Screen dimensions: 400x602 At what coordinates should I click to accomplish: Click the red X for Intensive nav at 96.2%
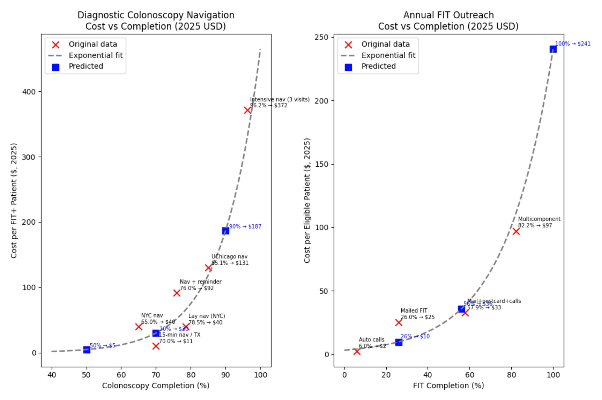pos(247,110)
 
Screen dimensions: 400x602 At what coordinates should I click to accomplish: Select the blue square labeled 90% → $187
pos(225,231)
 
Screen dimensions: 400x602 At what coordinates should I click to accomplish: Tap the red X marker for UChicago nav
pos(208,268)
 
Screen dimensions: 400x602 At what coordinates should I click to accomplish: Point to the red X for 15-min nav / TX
pos(156,346)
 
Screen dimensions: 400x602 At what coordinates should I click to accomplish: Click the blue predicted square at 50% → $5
pos(87,350)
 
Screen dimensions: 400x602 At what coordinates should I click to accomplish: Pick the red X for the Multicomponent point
pos(516,231)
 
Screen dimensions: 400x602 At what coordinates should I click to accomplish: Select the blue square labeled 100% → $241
pos(553,49)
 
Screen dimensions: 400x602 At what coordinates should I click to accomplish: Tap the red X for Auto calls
pos(357,352)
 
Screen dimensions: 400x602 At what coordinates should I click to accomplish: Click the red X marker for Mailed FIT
pos(399,322)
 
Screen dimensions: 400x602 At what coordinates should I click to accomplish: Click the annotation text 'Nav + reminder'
pos(200,282)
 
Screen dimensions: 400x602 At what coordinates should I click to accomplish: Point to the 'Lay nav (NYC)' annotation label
pos(207,316)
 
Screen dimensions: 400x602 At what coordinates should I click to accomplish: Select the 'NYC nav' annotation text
pos(152,316)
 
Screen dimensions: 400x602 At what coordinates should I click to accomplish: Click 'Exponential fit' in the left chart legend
pos(96,55)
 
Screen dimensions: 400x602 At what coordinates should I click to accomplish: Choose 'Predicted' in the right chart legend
pos(378,66)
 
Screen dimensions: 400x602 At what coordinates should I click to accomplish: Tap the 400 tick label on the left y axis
pos(29,92)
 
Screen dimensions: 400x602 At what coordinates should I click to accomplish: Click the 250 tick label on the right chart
pos(322,37)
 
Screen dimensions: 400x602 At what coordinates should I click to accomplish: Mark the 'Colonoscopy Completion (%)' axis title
pos(155,386)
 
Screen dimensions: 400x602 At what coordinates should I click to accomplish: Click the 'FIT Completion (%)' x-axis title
pos(448,386)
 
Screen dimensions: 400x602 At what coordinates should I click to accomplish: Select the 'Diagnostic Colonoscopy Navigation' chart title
pos(156,15)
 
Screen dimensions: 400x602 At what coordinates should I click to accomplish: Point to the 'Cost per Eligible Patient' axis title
pos(307,200)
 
